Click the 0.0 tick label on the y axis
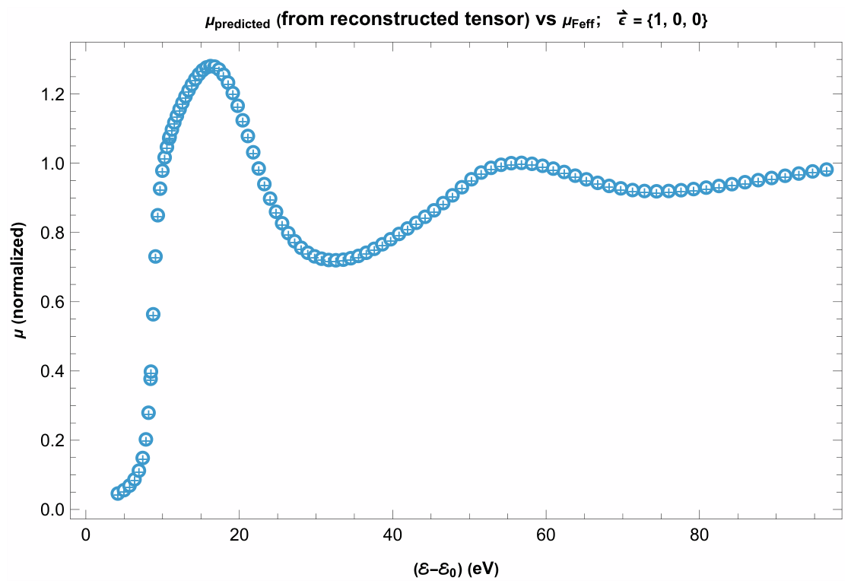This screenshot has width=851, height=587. click(x=52, y=510)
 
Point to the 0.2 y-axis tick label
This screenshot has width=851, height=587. click(x=52, y=440)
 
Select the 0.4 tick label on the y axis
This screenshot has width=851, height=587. click(x=52, y=371)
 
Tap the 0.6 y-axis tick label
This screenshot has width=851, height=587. click(x=52, y=302)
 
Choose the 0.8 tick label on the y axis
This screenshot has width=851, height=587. click(x=52, y=233)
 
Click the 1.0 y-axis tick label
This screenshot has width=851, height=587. click(x=52, y=163)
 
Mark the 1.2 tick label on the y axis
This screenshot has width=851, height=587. click(x=52, y=94)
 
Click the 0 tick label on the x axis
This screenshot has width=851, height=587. click(x=86, y=535)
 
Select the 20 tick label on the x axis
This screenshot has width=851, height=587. click(x=239, y=535)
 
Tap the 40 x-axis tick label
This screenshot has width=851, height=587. click(x=392, y=535)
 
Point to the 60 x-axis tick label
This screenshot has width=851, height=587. click(x=546, y=535)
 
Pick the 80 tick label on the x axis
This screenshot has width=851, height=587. click(x=699, y=535)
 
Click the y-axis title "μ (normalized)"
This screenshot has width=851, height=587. click(x=20, y=281)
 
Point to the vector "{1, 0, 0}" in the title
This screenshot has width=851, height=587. click(x=678, y=21)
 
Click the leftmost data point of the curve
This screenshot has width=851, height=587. click(x=118, y=493)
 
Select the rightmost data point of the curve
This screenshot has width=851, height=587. click(x=827, y=170)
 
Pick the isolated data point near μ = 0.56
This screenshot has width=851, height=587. click(x=153, y=315)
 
